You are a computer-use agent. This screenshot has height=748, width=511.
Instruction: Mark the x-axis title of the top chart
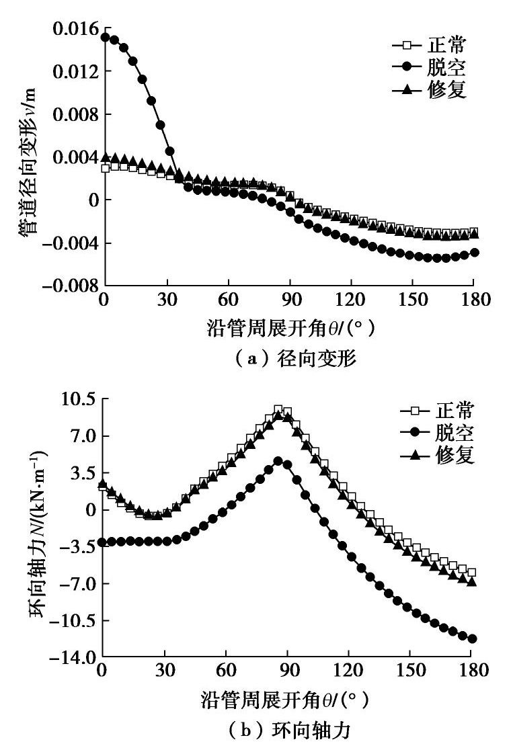[289, 329]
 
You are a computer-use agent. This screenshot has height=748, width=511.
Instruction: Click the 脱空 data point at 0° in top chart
[105, 37]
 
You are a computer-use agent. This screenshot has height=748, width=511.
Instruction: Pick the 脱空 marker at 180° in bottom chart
[472, 638]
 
